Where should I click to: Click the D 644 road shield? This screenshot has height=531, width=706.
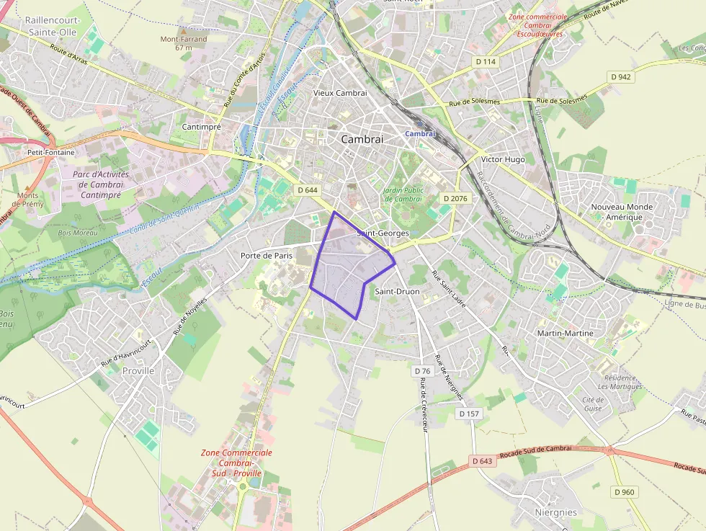coord(308,190)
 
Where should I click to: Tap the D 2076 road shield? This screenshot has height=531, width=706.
coord(455,198)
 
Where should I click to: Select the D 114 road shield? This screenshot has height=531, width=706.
coord(486,62)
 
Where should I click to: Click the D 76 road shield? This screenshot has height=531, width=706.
coord(423,371)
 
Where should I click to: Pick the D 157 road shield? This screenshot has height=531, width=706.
coord(469,414)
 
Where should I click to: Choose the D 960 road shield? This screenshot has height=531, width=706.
coord(625,491)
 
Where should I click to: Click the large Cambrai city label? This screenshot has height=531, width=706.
coord(362,139)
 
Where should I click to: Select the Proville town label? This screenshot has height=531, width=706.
coord(138,370)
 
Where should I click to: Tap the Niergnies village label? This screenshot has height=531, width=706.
coord(555,512)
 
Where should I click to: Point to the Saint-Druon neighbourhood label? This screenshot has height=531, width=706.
coord(397,291)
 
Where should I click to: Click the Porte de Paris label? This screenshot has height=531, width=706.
coord(267,255)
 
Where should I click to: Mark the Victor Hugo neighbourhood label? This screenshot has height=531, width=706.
coord(503,159)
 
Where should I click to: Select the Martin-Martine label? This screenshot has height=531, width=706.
coord(566,333)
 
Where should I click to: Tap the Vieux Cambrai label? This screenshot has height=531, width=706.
coord(340,93)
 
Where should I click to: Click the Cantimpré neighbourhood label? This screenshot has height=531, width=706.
coord(201,126)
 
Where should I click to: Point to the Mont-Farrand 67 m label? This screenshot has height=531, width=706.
coord(184,43)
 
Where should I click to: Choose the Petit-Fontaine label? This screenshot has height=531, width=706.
coord(50,153)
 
